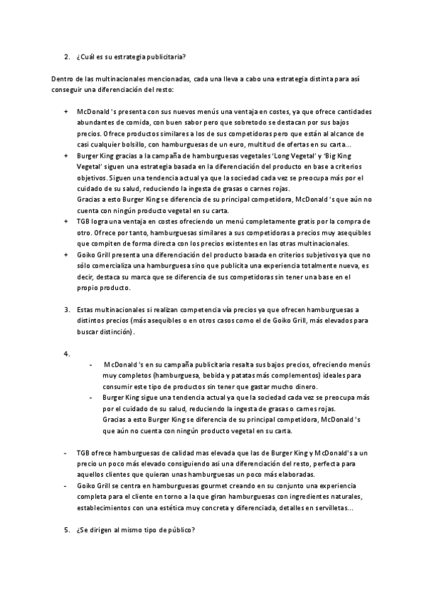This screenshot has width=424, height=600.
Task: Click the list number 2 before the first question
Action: [x=66, y=56]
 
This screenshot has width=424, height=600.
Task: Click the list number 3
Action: [x=66, y=309]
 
